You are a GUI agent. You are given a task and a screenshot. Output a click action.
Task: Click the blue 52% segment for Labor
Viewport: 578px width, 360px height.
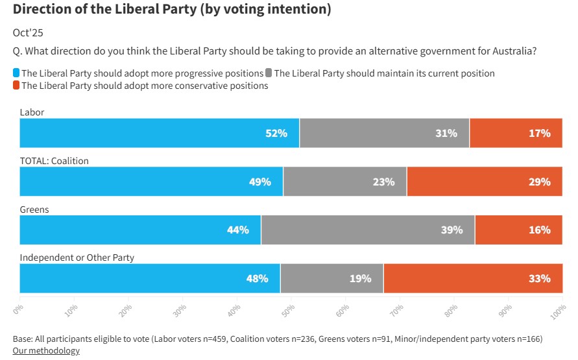click(x=160, y=133)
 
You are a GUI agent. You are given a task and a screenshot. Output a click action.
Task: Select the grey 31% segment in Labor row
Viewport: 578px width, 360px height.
click(x=384, y=133)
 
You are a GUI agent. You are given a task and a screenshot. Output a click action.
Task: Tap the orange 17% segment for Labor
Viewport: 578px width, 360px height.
click(x=516, y=133)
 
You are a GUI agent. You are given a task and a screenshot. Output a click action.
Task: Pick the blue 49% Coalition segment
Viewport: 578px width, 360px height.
click(x=151, y=182)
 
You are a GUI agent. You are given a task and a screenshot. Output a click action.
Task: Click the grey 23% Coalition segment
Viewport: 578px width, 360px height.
click(x=345, y=182)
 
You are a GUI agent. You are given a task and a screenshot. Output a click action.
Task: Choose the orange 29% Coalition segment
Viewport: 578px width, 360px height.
click(x=485, y=182)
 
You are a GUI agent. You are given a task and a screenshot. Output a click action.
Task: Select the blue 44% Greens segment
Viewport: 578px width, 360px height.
click(x=140, y=230)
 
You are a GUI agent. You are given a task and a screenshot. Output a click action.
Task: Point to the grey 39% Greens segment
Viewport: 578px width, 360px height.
click(x=368, y=230)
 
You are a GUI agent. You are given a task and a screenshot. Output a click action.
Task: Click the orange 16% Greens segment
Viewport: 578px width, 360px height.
click(x=518, y=230)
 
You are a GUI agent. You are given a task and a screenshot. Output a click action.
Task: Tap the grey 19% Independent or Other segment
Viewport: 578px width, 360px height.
click(x=331, y=279)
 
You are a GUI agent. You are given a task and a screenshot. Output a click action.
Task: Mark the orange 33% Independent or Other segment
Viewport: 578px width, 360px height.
click(x=473, y=279)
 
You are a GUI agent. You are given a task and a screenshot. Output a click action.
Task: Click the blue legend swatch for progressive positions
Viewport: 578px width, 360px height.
click(x=16, y=73)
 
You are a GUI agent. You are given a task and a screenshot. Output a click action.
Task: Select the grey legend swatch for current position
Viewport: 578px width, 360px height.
click(x=269, y=73)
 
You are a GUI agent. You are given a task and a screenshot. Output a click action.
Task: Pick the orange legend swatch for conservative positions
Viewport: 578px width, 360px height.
click(x=16, y=86)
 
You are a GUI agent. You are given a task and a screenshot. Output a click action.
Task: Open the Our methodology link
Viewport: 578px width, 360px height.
click(x=46, y=351)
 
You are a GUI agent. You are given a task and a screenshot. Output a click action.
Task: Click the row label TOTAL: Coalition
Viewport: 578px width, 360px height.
click(x=54, y=161)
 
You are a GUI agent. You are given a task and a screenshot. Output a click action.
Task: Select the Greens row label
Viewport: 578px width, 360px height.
click(x=34, y=210)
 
